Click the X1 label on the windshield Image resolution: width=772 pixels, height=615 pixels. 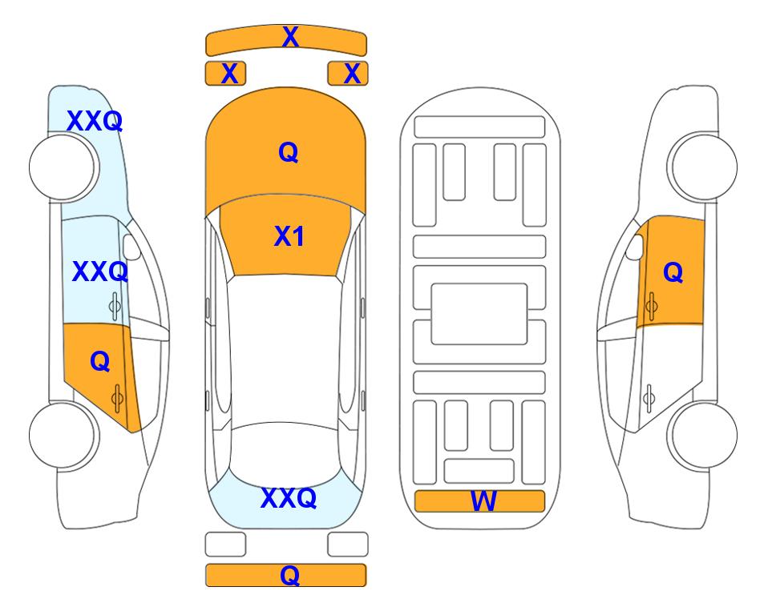coord(289,236)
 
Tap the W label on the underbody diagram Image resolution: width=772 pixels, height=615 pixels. coord(483,501)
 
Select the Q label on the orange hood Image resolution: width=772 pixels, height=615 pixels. coord(289,152)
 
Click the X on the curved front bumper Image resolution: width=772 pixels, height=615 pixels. coord(290,37)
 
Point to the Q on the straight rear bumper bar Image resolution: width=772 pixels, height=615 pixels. coord(290,575)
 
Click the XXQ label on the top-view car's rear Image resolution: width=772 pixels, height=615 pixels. coord(289,498)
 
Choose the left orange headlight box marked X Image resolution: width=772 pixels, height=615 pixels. coord(225,74)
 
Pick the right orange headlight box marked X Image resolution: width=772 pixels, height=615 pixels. coord(348,74)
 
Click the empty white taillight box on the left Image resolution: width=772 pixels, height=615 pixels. coord(225,545)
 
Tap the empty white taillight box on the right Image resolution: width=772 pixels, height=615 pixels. coord(348,545)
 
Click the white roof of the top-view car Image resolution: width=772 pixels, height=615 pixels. coord(284,349)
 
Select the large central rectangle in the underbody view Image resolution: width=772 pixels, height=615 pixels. coord(479,314)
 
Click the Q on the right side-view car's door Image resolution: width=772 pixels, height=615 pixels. coord(673,272)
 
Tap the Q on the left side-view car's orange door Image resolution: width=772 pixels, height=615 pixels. coord(100,362)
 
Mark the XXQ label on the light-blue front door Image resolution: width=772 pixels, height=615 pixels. coord(100,271)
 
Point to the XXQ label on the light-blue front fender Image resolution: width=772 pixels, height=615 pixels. coord(95,121)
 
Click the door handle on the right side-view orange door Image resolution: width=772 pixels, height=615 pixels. coord(651,306)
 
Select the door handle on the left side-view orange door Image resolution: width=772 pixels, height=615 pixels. coord(117,398)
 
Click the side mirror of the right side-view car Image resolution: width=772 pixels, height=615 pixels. coord(635,247)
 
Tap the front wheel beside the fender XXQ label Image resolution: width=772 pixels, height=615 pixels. coord(64,167)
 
